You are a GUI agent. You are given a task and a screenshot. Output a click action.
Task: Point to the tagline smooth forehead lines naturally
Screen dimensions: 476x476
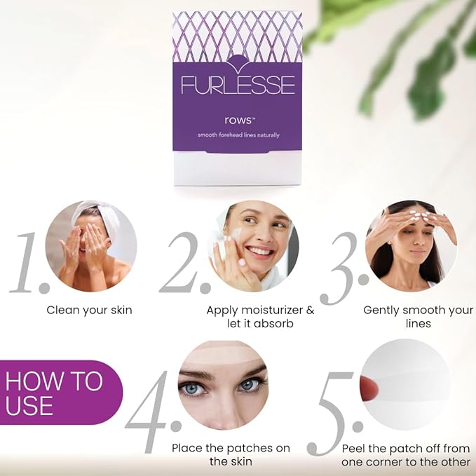pyautogui.click(x=237, y=135)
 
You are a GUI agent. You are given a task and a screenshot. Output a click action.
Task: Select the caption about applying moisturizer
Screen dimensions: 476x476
pyautogui.click(x=260, y=316)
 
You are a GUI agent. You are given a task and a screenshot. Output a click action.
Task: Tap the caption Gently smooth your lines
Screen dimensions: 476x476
pyautogui.click(x=418, y=316)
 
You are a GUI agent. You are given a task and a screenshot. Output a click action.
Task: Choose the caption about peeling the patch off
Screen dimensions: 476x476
pyautogui.click(x=407, y=454)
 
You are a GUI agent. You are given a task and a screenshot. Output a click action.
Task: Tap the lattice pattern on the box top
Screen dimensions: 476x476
pyautogui.click(x=237, y=35)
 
